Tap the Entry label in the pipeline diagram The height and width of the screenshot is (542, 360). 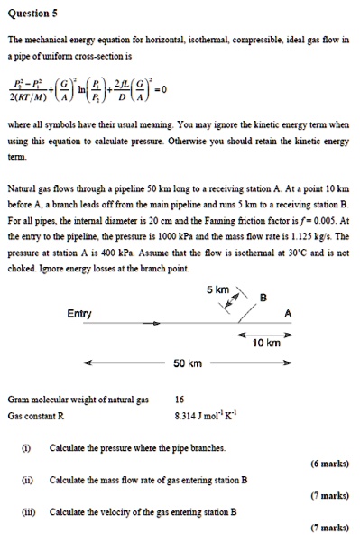(x=79, y=313)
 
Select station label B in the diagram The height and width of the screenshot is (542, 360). (x=263, y=299)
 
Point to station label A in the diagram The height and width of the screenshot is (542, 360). (x=287, y=314)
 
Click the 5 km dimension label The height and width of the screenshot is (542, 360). (x=217, y=290)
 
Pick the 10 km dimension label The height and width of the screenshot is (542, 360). (x=267, y=344)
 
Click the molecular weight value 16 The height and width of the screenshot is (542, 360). (x=180, y=399)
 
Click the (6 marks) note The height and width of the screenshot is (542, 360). (x=328, y=464)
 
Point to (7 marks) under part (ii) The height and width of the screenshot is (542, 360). (x=328, y=496)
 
